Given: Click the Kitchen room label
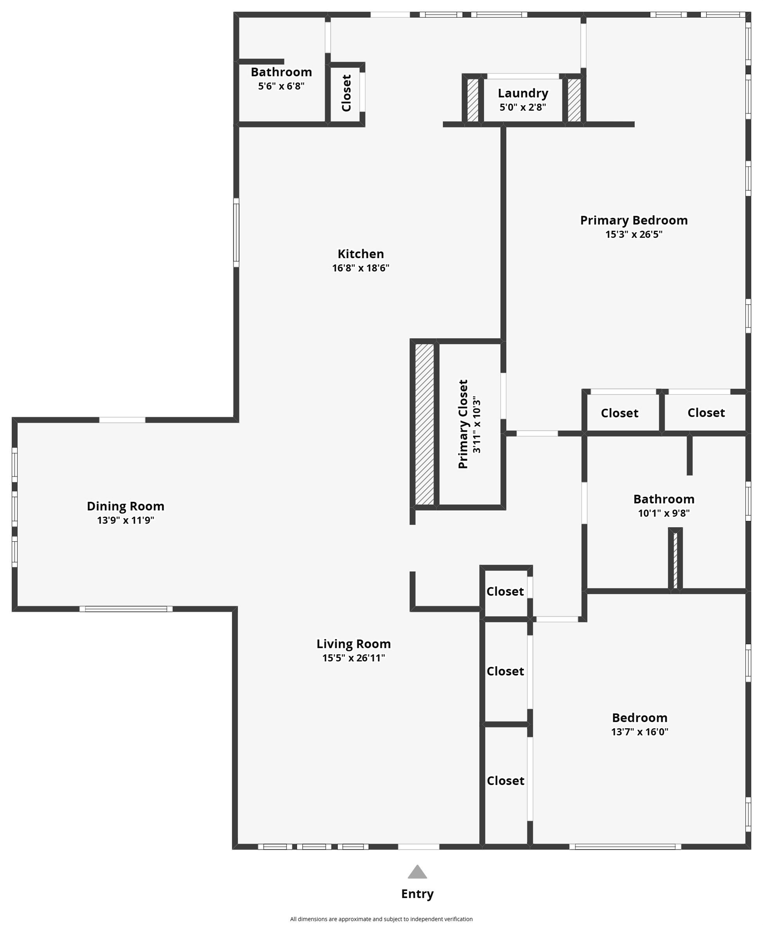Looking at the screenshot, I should pos(360,254).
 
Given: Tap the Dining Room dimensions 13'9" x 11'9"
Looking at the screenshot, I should pos(125,520).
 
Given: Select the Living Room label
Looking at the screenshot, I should pos(353,644).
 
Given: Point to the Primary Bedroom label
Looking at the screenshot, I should pos(633,220).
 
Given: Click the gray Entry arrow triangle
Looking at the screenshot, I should pos(417,872).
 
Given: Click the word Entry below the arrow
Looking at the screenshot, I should pos(417,894).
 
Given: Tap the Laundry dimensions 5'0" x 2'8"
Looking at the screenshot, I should pos(523,107).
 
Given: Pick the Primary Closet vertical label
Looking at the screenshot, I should pos(463,424).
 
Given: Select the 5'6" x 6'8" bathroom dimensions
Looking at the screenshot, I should pos(281,86).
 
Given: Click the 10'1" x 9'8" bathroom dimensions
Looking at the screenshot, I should pos(664,513).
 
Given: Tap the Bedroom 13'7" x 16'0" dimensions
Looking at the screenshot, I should pos(640,732).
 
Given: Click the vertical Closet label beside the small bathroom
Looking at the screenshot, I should pos(346,93).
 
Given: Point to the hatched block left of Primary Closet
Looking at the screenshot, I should pos(425,424).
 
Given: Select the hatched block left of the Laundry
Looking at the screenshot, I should pos(473,100).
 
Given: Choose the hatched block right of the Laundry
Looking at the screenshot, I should pos(574,100).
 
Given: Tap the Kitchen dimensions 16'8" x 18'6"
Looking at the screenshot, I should pos(360,268).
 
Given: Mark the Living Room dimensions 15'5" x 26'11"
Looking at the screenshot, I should pos(353,658).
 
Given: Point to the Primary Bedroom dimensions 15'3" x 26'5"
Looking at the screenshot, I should pos(633,234).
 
